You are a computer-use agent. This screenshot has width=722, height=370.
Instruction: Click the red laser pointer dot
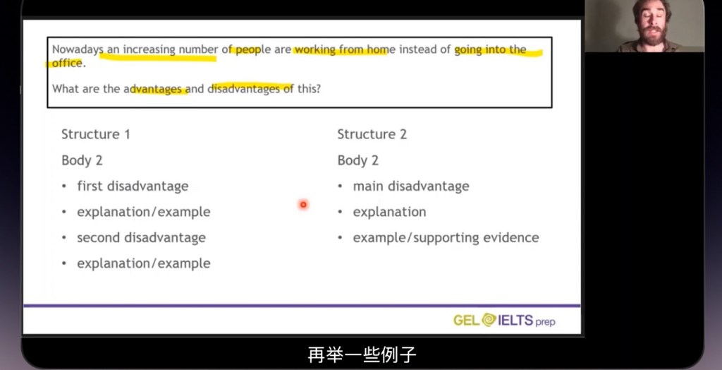tap(303, 204)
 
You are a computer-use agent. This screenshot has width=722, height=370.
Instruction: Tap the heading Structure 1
tap(96, 134)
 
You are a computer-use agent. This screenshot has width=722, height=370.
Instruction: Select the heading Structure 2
tap(372, 134)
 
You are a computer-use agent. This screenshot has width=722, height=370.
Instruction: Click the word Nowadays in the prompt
tap(75, 50)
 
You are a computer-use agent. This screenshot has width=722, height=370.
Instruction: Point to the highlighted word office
tap(67, 64)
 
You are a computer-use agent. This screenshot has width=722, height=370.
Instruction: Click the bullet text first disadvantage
tap(133, 186)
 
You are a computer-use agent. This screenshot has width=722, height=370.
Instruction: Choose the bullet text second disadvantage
tap(141, 237)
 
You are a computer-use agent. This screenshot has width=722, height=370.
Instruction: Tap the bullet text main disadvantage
tap(411, 186)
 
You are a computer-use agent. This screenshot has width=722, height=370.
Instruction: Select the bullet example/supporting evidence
tap(446, 238)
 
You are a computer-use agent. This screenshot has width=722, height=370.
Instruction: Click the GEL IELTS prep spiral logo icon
tap(489, 320)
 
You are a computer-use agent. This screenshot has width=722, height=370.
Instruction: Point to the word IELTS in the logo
tap(515, 320)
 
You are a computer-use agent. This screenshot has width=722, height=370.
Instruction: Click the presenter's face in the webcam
tap(651, 23)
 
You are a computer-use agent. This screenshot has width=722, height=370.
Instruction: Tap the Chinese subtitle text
tap(362, 354)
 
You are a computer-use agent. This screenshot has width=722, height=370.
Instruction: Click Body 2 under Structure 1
tap(82, 160)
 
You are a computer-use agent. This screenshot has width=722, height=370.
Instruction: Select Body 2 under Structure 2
tap(357, 160)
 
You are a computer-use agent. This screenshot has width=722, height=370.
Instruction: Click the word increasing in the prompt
tap(149, 50)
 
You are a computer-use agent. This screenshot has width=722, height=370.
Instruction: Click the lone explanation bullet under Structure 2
tap(389, 213)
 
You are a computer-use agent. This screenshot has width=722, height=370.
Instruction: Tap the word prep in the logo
tap(545, 321)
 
